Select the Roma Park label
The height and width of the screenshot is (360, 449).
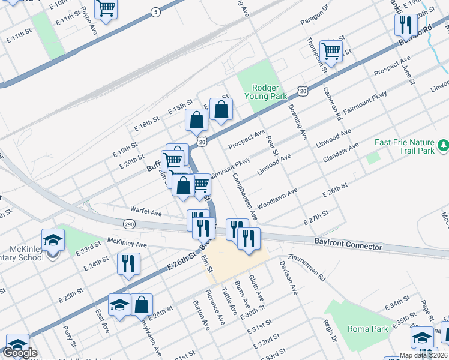pyautogui.click(x=367, y=328)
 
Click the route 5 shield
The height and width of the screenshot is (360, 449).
pyautogui.click(x=155, y=11)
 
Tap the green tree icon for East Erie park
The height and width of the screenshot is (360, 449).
pyautogui.click(x=443, y=145)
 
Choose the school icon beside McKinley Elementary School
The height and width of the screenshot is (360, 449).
pyautogui.click(x=53, y=240)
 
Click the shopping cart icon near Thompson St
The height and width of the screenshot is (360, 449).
pyautogui.click(x=331, y=50)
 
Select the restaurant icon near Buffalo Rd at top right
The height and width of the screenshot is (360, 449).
pyautogui.click(x=406, y=25)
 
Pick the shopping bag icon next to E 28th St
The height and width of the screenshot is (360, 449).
pyautogui.click(x=141, y=304)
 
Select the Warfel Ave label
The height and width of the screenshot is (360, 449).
pyautogui.click(x=146, y=212)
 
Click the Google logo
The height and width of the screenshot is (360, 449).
pyautogui.click(x=20, y=353)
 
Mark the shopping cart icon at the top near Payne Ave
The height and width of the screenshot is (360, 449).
pyautogui.click(x=106, y=8)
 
